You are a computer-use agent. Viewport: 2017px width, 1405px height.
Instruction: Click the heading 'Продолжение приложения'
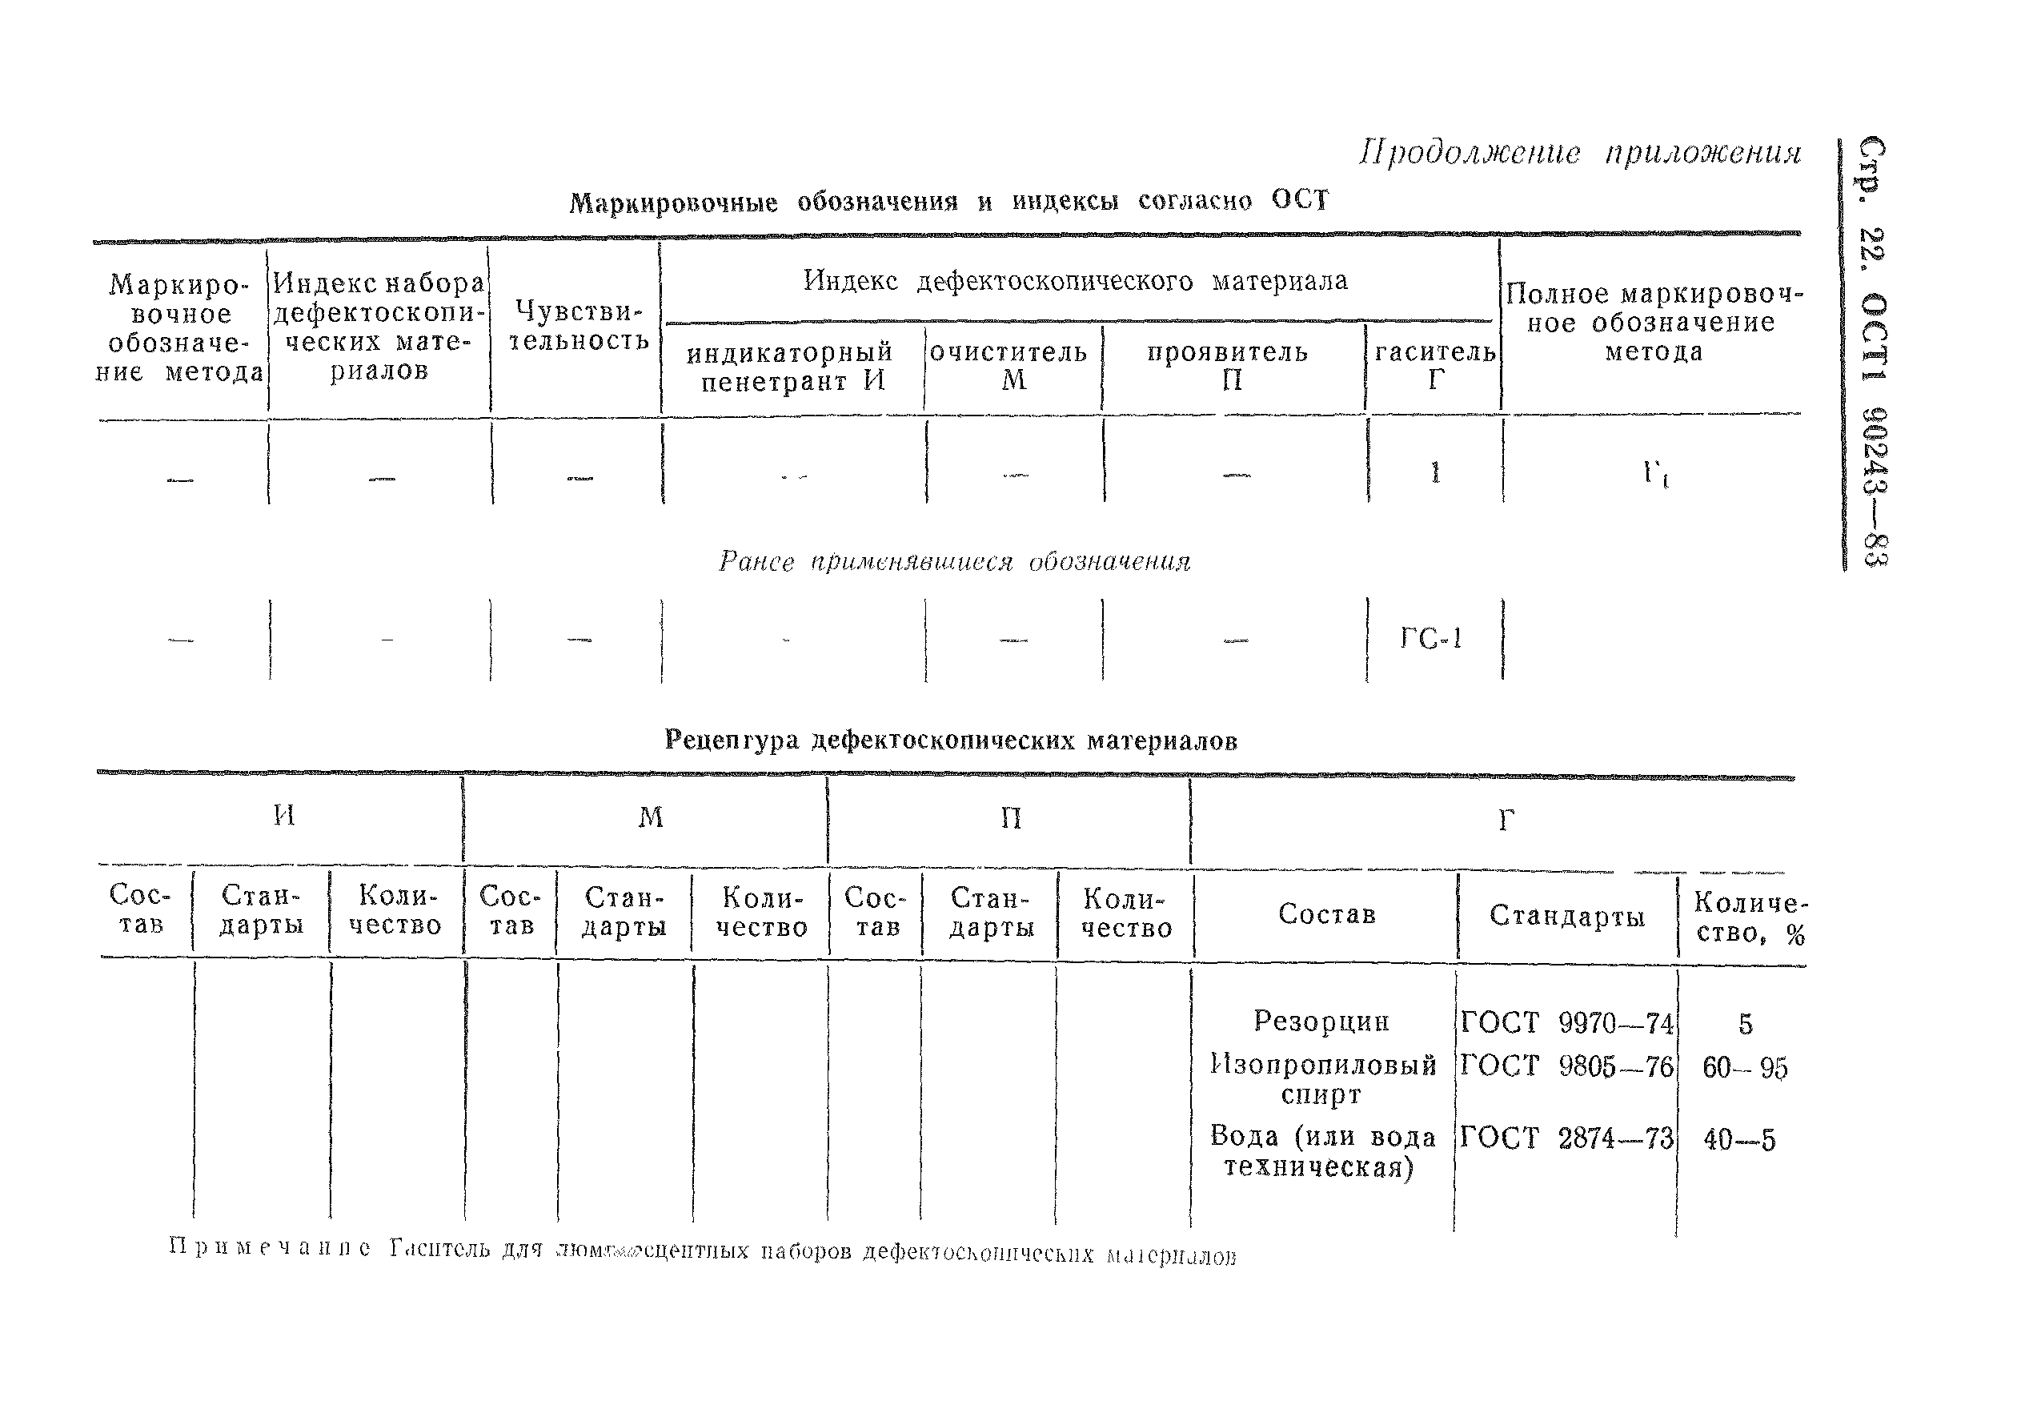pos(1579,153)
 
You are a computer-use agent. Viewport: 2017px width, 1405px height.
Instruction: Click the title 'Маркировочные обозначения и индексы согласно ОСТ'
pos(948,202)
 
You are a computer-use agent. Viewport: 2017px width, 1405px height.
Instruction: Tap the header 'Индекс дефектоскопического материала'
pos(1075,282)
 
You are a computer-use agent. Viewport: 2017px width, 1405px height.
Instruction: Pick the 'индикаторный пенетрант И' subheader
pos(789,367)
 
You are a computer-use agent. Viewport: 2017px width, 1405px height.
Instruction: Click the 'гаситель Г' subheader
pos(1434,367)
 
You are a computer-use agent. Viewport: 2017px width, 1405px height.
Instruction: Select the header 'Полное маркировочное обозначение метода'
pos(1654,323)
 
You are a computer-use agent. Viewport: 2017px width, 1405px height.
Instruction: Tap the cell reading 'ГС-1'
pos(1431,639)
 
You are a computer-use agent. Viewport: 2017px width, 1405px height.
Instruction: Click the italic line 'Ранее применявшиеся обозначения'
pos(954,562)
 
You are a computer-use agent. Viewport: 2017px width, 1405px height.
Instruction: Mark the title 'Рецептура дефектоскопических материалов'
pos(951,741)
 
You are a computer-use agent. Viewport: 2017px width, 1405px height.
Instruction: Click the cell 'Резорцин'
pos(1321,1021)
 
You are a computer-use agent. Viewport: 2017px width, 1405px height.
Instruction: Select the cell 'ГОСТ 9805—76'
pos(1566,1066)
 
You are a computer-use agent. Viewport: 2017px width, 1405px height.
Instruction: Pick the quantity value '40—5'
pos(1738,1141)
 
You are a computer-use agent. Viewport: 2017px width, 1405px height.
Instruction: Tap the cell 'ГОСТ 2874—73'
pos(1566,1138)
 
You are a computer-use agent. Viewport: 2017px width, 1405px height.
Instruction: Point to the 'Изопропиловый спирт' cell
pos(1323,1080)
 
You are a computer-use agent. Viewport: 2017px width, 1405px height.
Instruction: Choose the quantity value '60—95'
pos(1745,1069)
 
